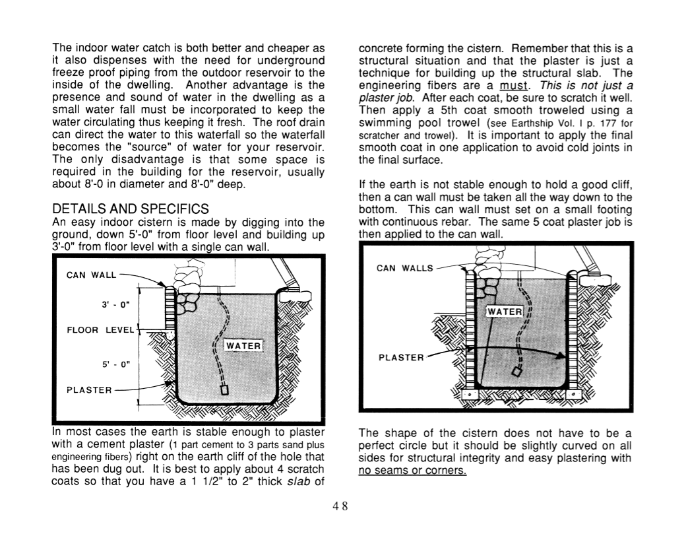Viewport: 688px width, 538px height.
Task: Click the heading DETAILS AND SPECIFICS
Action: point(131,209)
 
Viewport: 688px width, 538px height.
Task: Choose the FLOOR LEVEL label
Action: point(101,329)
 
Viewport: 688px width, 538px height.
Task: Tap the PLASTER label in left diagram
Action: point(89,389)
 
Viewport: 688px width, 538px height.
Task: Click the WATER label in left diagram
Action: point(244,346)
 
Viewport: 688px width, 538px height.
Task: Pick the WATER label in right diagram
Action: point(505,311)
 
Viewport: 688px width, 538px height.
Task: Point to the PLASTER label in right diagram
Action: point(401,357)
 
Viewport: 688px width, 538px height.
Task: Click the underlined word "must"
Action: point(513,85)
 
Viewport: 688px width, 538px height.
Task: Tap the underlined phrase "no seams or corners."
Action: point(412,470)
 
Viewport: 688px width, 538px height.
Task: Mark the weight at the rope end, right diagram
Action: point(516,372)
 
